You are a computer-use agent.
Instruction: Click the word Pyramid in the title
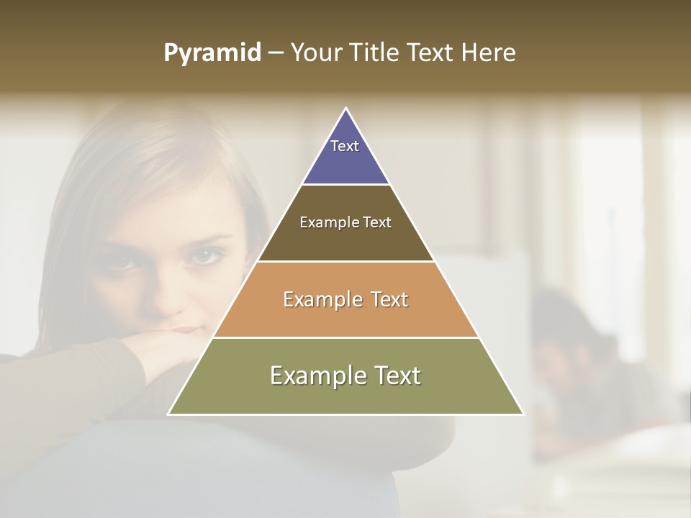point(212,53)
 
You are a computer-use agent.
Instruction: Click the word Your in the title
point(315,53)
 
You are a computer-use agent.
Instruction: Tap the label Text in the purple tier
point(345,146)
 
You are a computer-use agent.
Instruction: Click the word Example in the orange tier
point(321,299)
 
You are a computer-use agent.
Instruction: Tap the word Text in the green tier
point(397,376)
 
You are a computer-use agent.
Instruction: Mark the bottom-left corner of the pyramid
point(169,414)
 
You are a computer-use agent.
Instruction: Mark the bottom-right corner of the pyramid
point(523,414)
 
